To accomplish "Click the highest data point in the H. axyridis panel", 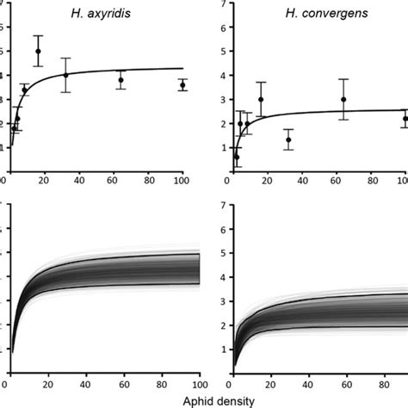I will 38,51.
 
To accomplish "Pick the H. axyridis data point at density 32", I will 65,75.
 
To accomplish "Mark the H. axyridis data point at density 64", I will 121,80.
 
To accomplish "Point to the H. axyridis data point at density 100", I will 182,85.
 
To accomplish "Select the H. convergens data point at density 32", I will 288,139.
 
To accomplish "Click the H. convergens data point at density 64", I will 343,99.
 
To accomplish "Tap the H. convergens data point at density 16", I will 261,99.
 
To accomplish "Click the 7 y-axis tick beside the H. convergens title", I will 224,4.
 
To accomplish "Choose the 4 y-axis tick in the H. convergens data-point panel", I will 224,76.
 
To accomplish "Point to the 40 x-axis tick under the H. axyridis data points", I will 76,181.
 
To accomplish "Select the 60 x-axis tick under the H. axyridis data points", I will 112,181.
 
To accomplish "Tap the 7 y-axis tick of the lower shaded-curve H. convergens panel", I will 224,206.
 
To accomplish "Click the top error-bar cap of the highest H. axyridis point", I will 38,36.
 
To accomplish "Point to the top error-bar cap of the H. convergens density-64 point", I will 343,79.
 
